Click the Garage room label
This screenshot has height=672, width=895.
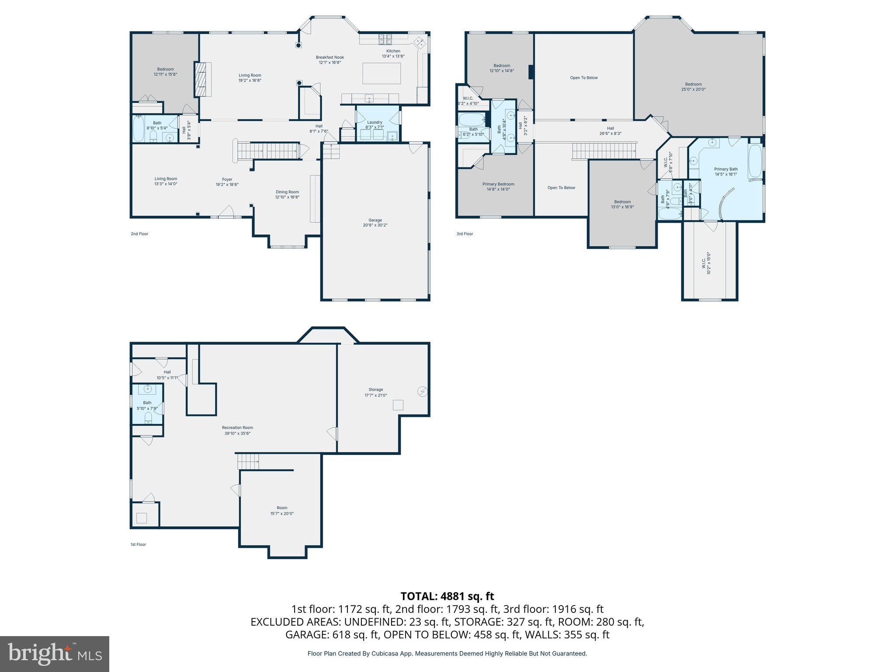point(375,222)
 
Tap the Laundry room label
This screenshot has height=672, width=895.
point(375,125)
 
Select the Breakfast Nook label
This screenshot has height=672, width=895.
point(330,60)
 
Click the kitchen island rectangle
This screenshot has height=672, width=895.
point(382,73)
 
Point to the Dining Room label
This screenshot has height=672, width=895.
point(287,194)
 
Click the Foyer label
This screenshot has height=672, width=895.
point(227,182)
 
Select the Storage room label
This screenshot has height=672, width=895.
point(375,392)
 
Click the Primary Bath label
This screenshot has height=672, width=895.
point(726,171)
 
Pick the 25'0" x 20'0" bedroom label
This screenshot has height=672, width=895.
point(693,87)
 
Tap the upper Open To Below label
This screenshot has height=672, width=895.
point(583,78)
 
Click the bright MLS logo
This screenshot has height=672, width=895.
point(55,654)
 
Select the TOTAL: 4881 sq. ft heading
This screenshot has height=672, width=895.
point(447,596)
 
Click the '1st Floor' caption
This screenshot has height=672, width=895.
point(138,544)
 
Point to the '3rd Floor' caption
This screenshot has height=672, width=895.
point(465,234)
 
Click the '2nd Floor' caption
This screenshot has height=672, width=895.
point(139,234)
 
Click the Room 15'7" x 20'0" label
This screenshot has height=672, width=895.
point(282,511)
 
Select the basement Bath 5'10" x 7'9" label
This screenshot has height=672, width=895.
point(147,406)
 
